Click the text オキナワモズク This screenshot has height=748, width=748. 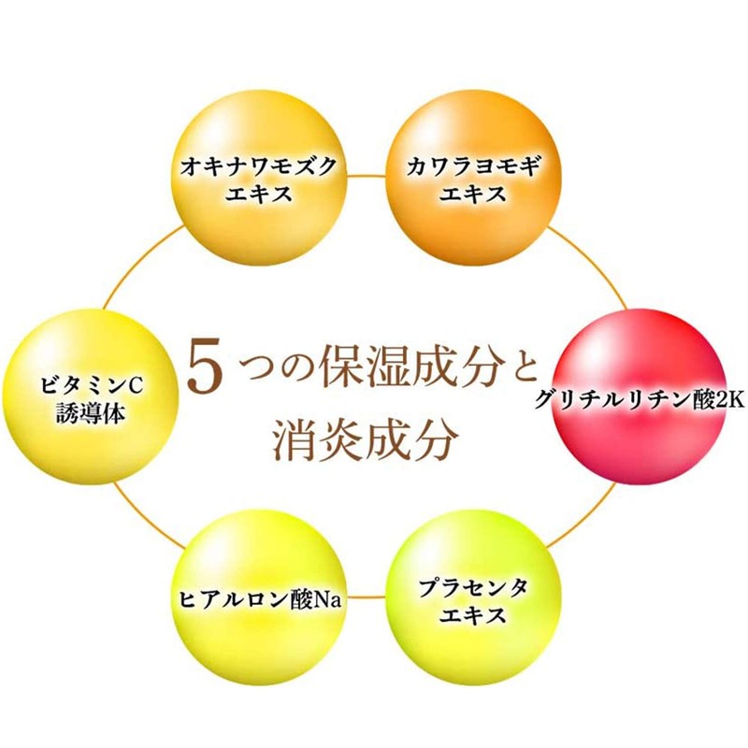pos(258,169)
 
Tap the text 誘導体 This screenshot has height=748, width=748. pos(80,409)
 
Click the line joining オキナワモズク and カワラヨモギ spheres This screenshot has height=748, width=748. pos(365,175)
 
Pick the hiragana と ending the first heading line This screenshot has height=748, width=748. pos(517,366)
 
